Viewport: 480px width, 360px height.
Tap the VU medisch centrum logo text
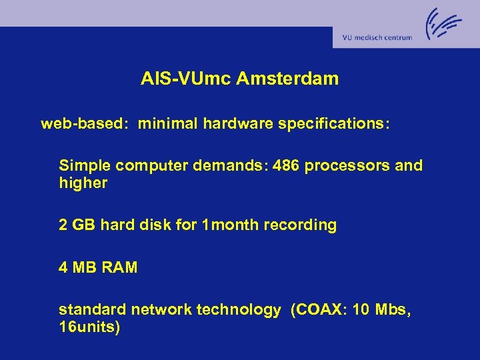click(377, 38)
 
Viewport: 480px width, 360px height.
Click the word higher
click(83, 183)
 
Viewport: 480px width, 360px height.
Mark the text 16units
click(89, 328)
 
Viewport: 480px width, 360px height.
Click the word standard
click(93, 310)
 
